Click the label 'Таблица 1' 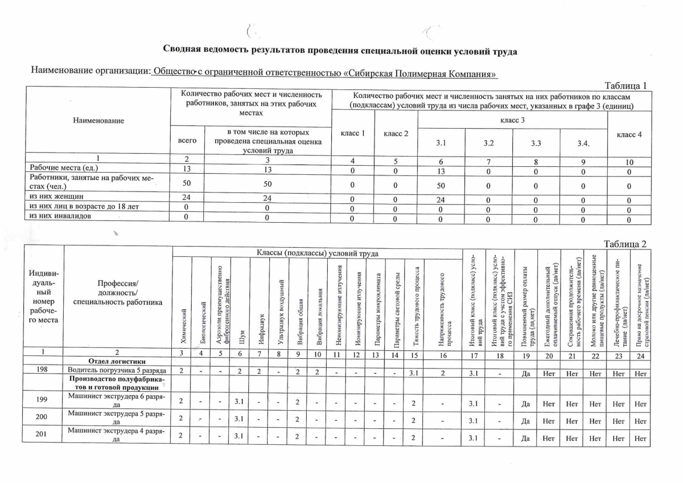point(626,87)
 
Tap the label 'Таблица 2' point(625,244)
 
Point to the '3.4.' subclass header point(583,143)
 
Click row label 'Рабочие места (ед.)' point(64,169)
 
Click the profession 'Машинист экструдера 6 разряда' point(117,400)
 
